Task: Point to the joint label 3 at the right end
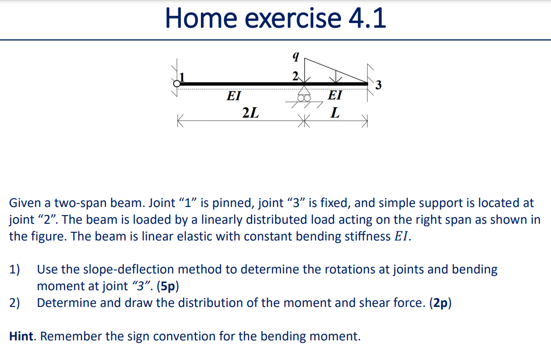point(378,86)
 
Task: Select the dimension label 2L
point(250,113)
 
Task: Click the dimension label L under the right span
point(336,113)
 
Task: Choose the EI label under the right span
point(335,95)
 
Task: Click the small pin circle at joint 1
point(177,84)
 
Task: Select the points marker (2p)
point(440,303)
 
